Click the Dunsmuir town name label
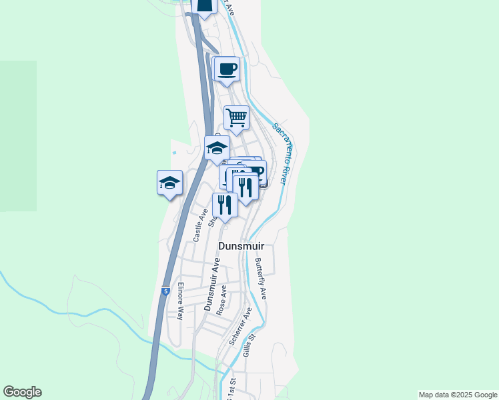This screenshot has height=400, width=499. tap(240, 246)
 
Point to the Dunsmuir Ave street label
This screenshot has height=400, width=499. tap(212, 286)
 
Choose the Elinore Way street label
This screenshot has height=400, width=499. tap(179, 301)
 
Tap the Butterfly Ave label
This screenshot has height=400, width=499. tap(261, 279)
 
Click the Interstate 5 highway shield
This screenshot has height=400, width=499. tap(165, 291)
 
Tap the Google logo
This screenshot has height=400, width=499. tap(22, 392)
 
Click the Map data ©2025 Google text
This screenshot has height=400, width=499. tap(458, 395)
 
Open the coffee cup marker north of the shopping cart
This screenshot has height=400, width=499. tap(227, 69)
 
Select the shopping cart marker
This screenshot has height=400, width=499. tap(236, 118)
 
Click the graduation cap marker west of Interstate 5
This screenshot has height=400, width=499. tap(169, 183)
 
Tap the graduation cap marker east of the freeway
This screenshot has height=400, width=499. tap(217, 148)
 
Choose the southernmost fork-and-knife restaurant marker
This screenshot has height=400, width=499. tap(225, 205)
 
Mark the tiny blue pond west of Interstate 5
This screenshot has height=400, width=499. tap(174, 153)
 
